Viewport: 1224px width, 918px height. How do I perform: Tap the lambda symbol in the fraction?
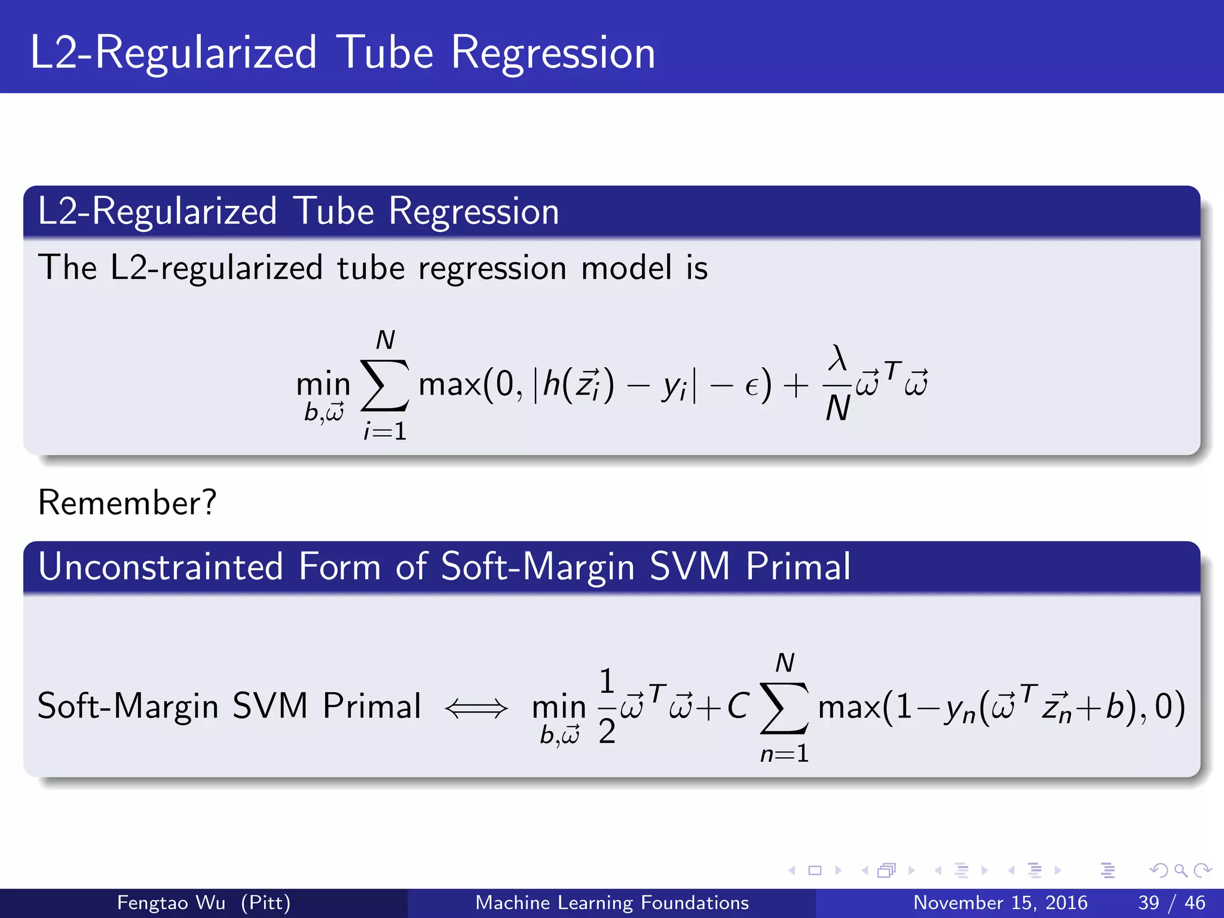click(x=837, y=359)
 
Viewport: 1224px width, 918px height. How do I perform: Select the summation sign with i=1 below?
click(x=385, y=385)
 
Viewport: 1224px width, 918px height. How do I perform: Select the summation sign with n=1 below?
click(x=784, y=708)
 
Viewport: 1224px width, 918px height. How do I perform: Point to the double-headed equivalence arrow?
click(x=476, y=708)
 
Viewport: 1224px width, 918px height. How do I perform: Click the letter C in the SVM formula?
click(x=738, y=706)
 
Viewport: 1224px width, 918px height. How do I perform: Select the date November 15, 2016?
click(x=1000, y=902)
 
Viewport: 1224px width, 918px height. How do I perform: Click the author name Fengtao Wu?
click(x=171, y=902)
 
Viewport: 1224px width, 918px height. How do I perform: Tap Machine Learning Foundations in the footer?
click(x=611, y=902)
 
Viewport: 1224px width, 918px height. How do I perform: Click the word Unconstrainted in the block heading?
click(x=160, y=566)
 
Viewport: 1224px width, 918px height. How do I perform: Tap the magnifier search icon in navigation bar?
click(x=1180, y=870)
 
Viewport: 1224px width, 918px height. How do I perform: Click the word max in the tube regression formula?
click(x=449, y=384)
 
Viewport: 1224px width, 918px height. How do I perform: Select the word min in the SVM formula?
click(x=559, y=708)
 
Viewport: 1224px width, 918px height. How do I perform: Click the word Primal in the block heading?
click(x=798, y=566)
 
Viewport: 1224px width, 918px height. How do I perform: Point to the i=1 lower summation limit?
click(x=385, y=431)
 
